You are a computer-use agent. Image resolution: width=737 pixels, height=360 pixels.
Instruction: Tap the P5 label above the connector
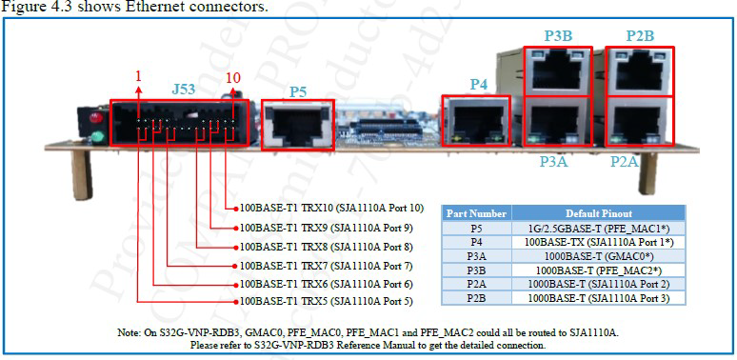coord(298,91)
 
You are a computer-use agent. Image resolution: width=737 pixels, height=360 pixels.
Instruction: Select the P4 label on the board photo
coord(478,84)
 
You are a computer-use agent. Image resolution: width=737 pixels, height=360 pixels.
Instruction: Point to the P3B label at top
coord(558,36)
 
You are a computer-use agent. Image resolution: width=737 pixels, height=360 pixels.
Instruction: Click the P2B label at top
coord(640,36)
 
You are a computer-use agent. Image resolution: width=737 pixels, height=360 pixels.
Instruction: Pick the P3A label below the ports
coord(553,162)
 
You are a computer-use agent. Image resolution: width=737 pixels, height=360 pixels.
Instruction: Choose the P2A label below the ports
coord(625,162)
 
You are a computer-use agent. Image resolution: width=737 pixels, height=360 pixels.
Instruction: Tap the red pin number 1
coord(138,75)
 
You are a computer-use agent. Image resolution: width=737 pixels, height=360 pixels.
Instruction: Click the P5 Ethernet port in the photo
coord(297,125)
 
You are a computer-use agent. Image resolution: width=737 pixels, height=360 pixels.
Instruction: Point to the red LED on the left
coord(94,121)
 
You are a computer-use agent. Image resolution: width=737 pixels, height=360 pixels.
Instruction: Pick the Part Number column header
coord(476,213)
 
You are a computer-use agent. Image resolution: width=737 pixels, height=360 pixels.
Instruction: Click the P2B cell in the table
coord(476,299)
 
